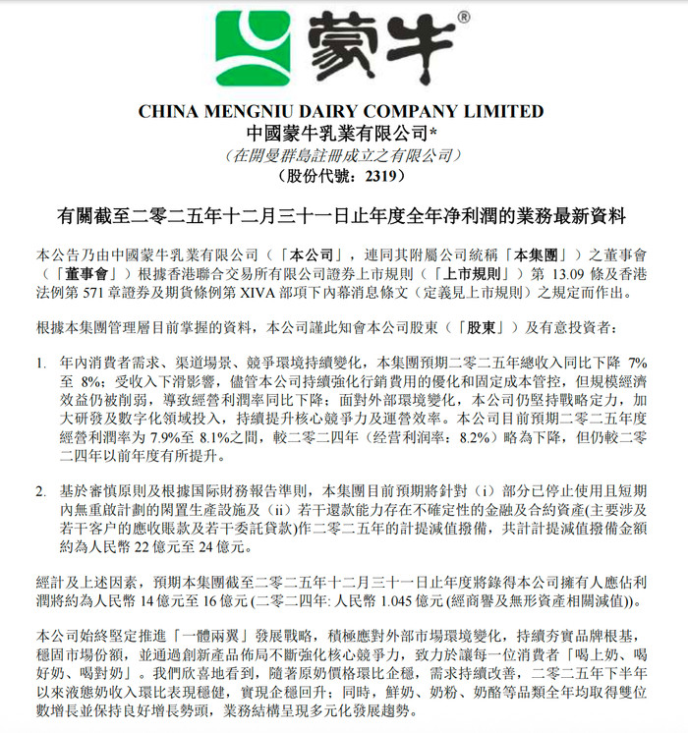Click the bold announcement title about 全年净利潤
pos(343,213)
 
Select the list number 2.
pos(41,489)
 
